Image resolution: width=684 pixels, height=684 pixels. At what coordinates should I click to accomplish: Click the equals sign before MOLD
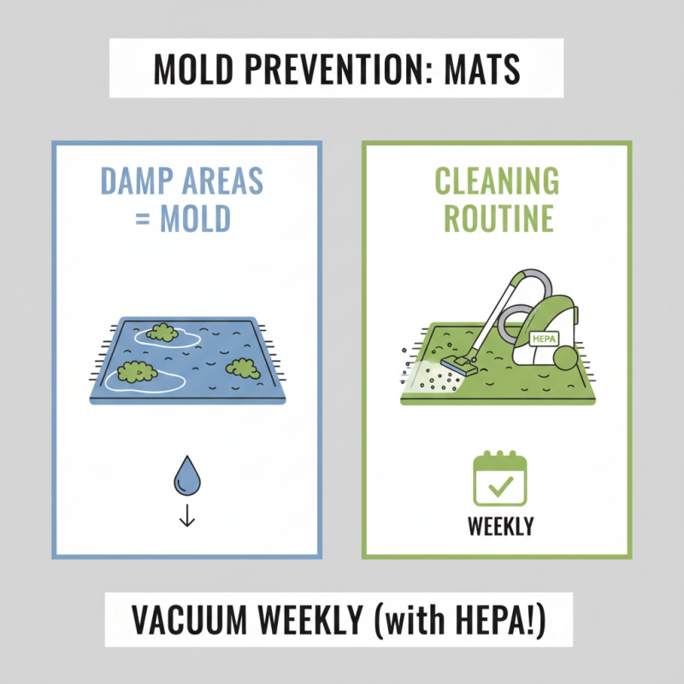pos(144,219)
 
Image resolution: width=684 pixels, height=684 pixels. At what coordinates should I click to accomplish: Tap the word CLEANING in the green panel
pos(497,182)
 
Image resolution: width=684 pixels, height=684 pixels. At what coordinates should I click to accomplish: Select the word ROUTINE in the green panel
pos(497,219)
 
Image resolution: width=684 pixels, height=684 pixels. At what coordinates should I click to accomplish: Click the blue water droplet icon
pos(186,475)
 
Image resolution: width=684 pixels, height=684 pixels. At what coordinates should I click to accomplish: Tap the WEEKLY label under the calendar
pos(500,526)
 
